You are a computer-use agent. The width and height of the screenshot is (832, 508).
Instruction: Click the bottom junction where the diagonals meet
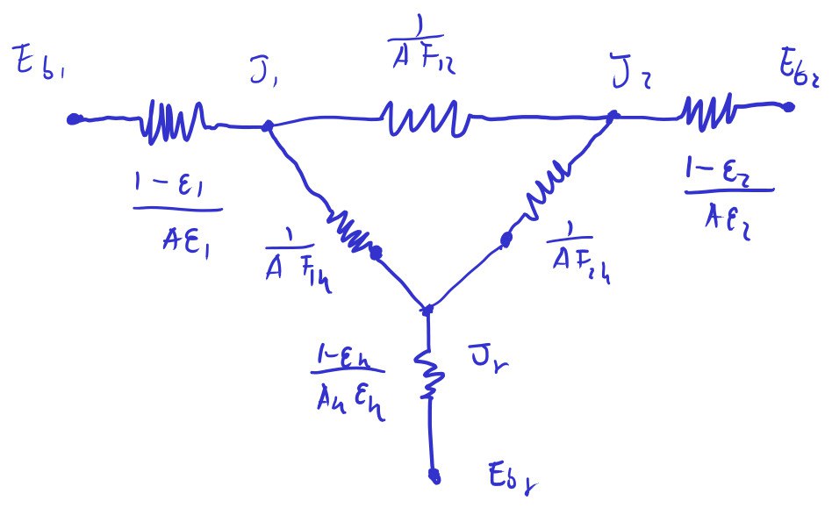pyautogui.click(x=427, y=310)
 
